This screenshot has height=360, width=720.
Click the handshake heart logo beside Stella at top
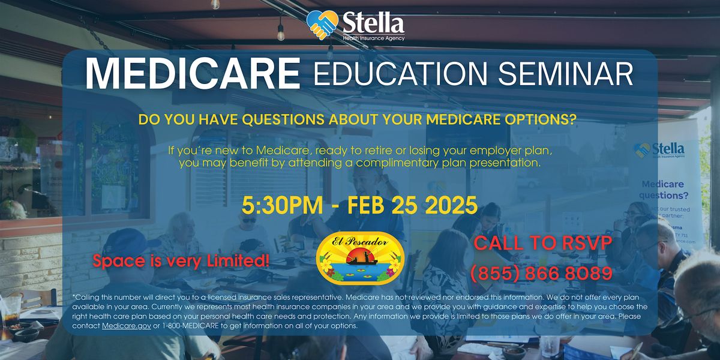(x=322, y=25)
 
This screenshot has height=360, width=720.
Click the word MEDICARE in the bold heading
(x=193, y=73)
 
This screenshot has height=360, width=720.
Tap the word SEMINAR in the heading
(x=565, y=74)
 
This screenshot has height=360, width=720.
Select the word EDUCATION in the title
(x=400, y=74)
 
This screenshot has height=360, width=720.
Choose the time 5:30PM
(x=282, y=205)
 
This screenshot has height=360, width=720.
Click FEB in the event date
(x=366, y=205)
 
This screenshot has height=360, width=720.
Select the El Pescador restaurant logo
(x=359, y=258)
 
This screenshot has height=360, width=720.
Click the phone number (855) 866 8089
(x=541, y=274)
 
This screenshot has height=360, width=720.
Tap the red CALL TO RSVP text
(x=543, y=243)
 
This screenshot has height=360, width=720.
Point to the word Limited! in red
(x=238, y=260)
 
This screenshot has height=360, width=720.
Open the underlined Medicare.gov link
(x=127, y=326)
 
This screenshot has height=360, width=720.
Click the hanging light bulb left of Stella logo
(x=281, y=32)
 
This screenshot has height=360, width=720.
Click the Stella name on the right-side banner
(x=668, y=149)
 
